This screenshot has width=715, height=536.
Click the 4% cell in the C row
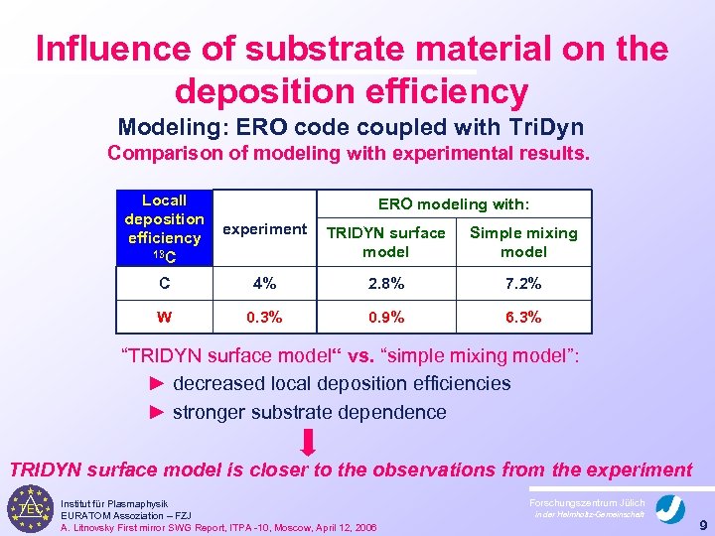264,284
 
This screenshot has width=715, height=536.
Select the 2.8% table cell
386,284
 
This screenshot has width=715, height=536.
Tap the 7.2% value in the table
522,284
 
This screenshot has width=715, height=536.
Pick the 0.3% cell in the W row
263,319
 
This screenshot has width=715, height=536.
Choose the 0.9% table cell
386,319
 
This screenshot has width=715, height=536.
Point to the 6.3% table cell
522,319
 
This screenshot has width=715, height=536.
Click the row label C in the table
164,284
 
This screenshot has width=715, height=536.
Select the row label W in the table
164,319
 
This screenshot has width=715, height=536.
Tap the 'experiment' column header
264,229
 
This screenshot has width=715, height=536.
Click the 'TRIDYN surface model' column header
386,242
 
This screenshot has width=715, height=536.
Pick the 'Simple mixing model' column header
522,242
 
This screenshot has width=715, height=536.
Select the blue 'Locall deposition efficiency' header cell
164,228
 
